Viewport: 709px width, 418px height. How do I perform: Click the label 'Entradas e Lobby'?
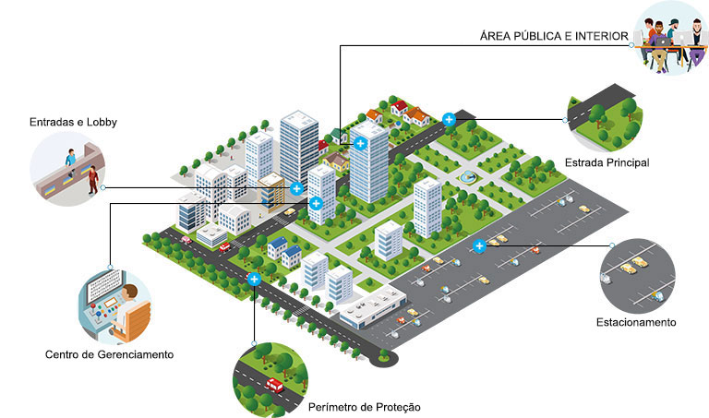[73, 122]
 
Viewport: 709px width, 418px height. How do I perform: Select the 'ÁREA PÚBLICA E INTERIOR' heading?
[554, 36]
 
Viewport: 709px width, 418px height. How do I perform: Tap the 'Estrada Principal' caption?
[607, 162]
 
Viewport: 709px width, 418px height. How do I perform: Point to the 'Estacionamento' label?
[636, 322]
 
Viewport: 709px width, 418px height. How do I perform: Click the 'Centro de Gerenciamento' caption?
[110, 354]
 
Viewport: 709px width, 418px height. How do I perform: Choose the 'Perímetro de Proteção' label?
[365, 407]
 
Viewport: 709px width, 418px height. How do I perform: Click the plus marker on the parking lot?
[479, 245]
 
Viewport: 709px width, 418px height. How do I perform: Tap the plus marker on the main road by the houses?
[449, 119]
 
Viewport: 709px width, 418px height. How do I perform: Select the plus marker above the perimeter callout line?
[254, 280]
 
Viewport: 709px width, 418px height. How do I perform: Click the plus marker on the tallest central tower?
[360, 144]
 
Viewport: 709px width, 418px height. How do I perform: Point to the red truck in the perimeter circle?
[274, 385]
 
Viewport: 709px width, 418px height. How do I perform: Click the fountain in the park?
[467, 176]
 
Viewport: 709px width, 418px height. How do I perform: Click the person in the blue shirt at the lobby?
[70, 158]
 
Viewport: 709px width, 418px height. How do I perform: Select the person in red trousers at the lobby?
[93, 180]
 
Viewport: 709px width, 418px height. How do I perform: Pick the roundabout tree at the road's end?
[384, 354]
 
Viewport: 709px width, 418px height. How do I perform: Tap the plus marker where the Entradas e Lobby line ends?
[296, 188]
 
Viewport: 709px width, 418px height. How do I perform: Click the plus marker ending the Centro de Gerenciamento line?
[316, 203]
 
